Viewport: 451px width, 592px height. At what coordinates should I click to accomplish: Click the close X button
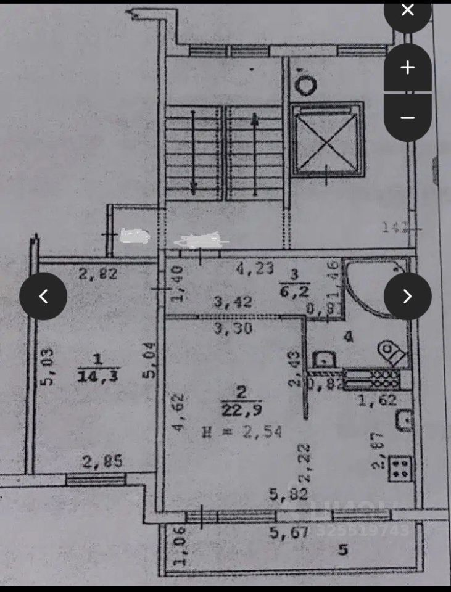[407, 10]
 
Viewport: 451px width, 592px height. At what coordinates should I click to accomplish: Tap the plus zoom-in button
[407, 67]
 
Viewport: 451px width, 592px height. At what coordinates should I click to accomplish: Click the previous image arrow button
[43, 296]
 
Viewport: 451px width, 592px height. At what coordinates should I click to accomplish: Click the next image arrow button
[407, 296]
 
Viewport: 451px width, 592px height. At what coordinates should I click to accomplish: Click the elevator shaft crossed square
[326, 140]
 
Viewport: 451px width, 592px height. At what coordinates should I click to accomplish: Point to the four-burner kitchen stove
[400, 468]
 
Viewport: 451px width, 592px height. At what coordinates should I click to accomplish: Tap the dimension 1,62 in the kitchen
[374, 401]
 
